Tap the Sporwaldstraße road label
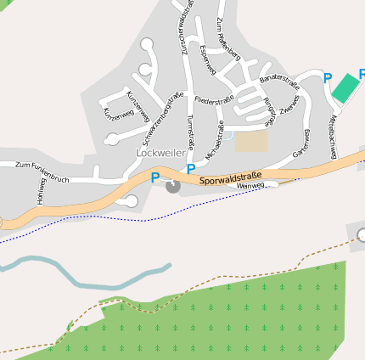pos(231,178)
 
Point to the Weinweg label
pos(252,186)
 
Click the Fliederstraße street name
pos(213,99)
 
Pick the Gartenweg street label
pos(300,143)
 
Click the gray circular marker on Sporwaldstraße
pos(173,186)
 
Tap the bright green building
pos(345,87)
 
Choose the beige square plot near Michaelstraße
pos(251,141)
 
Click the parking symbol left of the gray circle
pos(154,177)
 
